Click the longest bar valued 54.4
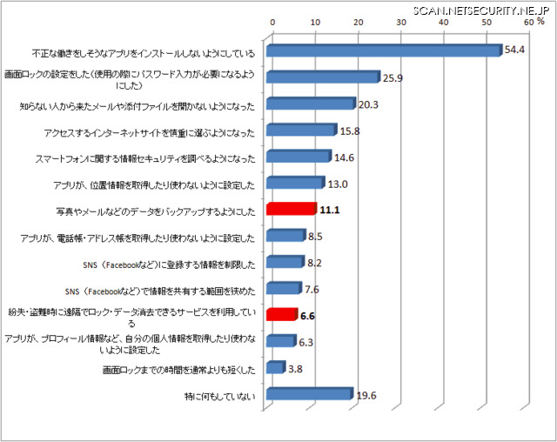click(x=383, y=50)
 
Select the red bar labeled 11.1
click(x=291, y=209)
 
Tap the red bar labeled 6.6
click(x=281, y=315)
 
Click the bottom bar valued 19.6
click(x=308, y=394)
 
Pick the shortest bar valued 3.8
click(x=275, y=368)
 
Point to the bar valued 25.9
click(x=322, y=77)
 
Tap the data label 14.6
click(x=345, y=158)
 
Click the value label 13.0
click(x=338, y=184)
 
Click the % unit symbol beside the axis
click(x=540, y=23)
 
